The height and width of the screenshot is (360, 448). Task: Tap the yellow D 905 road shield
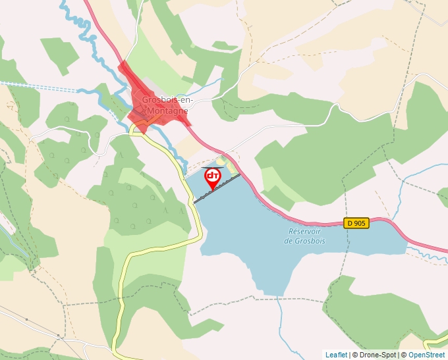click(356, 223)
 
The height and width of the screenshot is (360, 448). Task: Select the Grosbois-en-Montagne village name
click(167, 106)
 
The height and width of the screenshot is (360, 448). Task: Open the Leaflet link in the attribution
click(336, 355)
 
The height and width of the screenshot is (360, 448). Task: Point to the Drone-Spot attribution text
click(376, 355)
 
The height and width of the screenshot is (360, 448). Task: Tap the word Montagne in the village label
click(167, 111)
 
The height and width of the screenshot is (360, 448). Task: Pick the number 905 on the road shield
click(359, 223)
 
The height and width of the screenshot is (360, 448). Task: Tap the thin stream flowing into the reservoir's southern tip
click(281, 316)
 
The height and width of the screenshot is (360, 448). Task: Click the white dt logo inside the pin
click(213, 176)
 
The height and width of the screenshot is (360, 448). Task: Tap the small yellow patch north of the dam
click(221, 162)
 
